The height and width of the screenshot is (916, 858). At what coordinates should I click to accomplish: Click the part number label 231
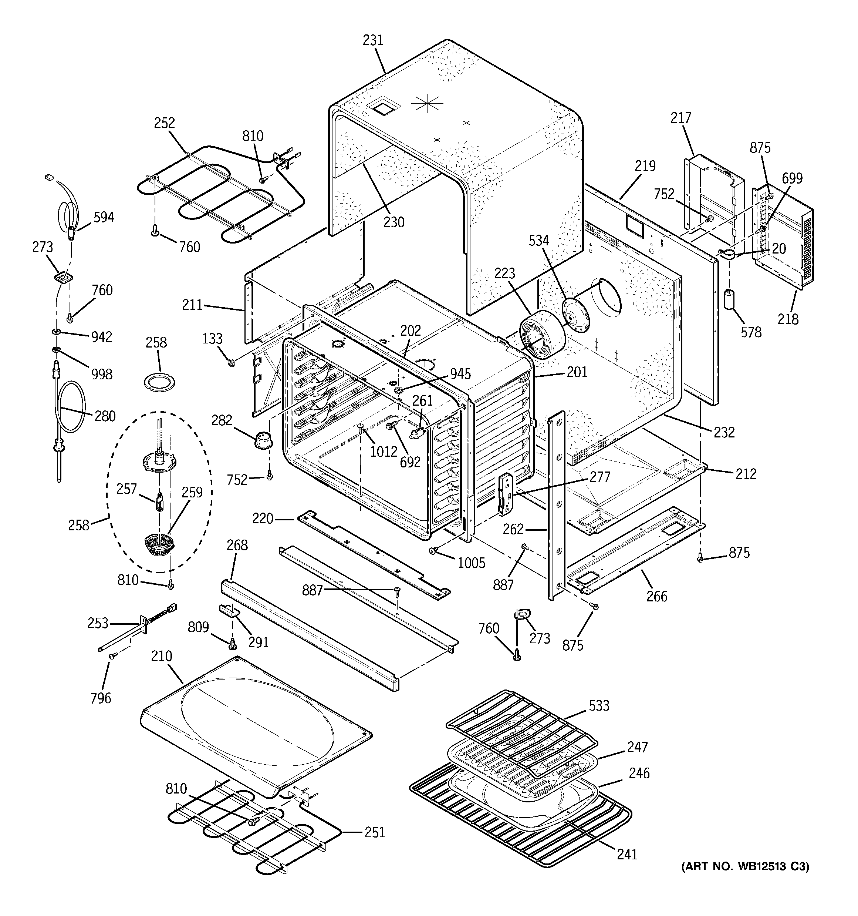(372, 41)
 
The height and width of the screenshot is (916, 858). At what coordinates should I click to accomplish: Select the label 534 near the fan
(538, 240)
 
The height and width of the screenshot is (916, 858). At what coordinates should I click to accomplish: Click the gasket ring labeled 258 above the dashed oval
(160, 382)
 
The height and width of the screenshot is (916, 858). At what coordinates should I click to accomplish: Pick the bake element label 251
(374, 832)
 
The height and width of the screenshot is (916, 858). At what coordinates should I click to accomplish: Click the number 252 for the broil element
(165, 123)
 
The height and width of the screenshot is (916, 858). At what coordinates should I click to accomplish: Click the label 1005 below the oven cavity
(471, 563)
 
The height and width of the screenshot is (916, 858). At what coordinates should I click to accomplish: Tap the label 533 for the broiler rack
(599, 705)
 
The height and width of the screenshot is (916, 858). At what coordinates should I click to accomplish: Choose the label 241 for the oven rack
(627, 854)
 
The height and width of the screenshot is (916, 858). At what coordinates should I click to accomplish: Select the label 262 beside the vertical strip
(513, 529)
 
